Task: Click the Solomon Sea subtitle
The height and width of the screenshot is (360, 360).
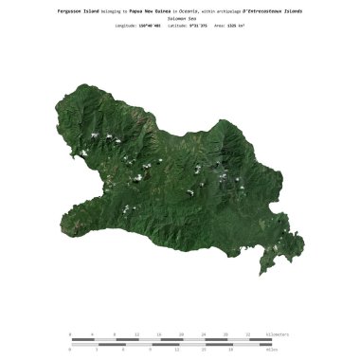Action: (180, 18)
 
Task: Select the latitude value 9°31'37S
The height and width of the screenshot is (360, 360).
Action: (193, 26)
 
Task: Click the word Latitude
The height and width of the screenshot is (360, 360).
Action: (175, 26)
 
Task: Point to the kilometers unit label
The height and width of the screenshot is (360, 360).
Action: (281, 334)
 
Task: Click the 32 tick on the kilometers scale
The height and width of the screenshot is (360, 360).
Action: (249, 334)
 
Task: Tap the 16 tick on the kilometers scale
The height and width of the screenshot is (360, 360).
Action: (159, 334)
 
